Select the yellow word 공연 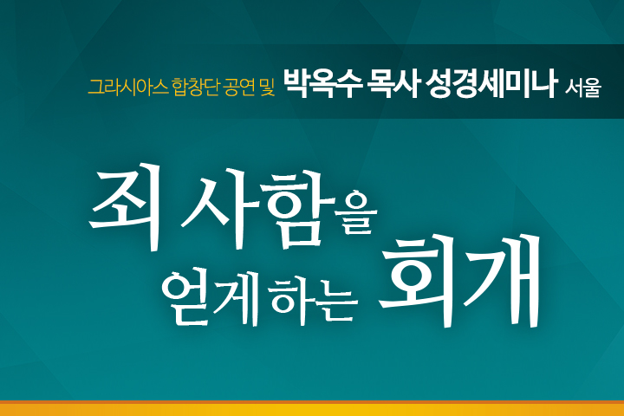239,87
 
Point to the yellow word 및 268,87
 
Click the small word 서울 582,88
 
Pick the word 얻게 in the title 211,296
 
